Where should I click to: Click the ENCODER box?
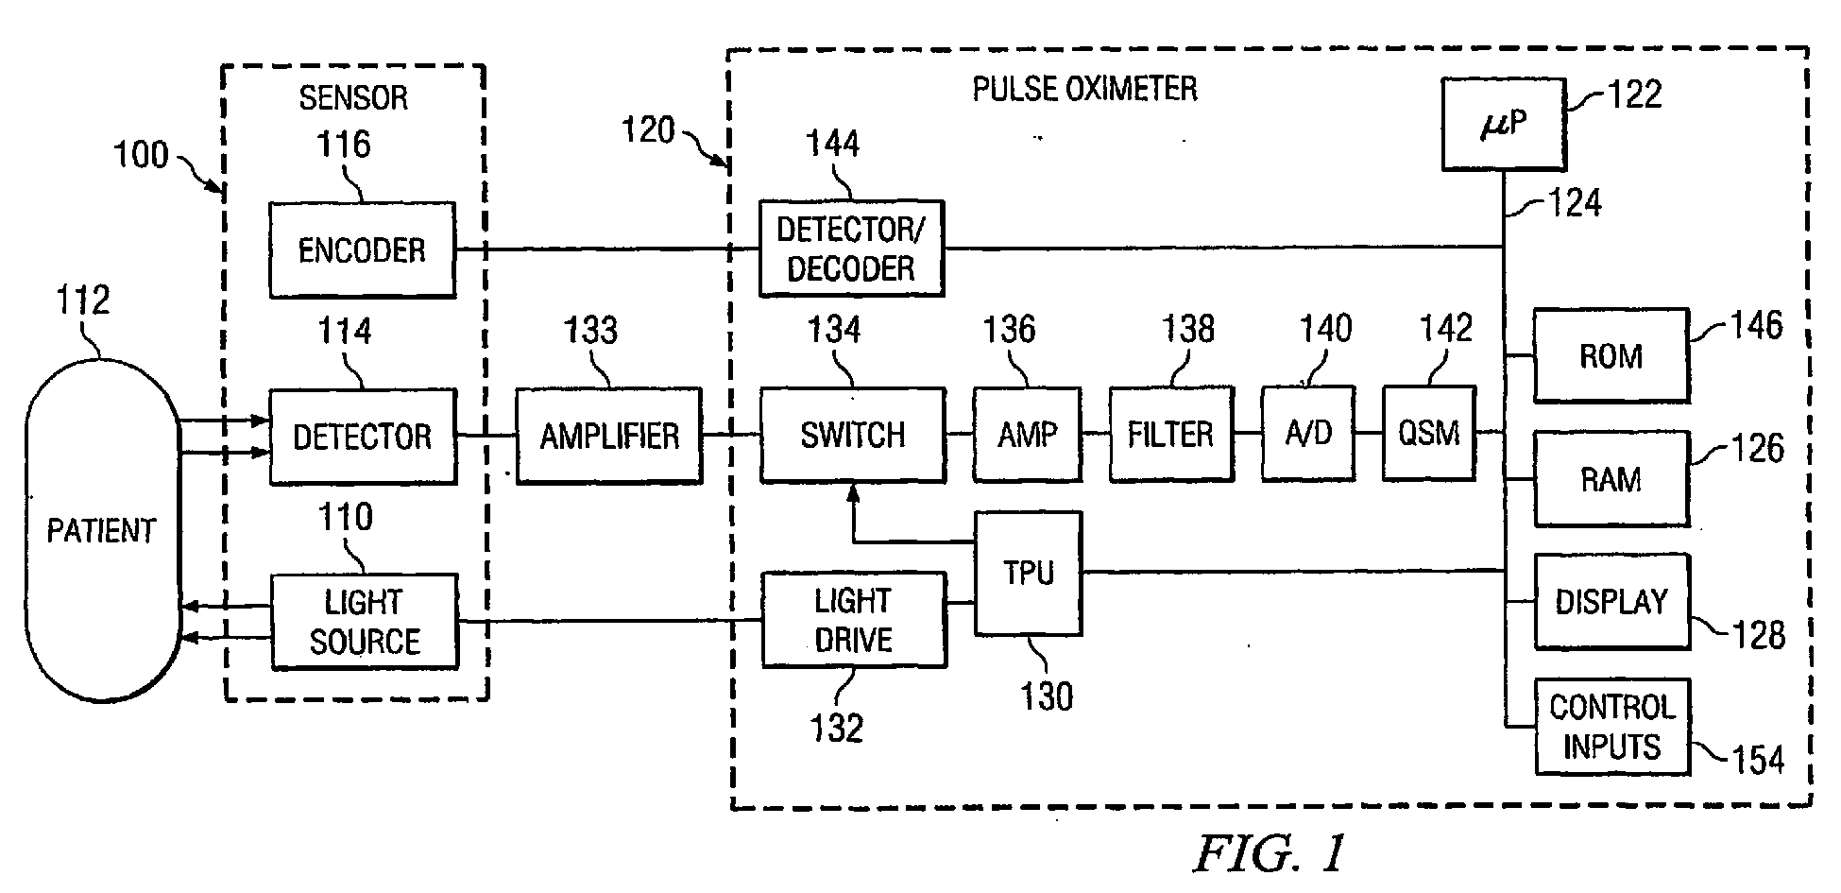coord(362,250)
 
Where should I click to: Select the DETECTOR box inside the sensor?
coord(362,437)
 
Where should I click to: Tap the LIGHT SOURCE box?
coord(364,622)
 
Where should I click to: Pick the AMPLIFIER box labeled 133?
coord(609,436)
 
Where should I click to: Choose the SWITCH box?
coord(852,435)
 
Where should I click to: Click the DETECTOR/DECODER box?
coord(851,249)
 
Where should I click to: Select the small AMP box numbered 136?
coord(1028,435)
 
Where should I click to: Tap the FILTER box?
coord(1170,435)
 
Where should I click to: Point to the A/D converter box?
coord(1308,434)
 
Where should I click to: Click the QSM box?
coord(1428,434)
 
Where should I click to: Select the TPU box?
coord(1028,573)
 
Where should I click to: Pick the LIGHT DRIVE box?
coord(853,620)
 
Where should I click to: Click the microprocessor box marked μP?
coord(1502,125)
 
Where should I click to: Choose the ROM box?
coord(1611,355)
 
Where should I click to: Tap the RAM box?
coord(1611,479)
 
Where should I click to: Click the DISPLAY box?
coord(1611,602)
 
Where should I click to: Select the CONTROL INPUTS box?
coord(1611,727)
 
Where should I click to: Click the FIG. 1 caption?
coord(1269,853)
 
